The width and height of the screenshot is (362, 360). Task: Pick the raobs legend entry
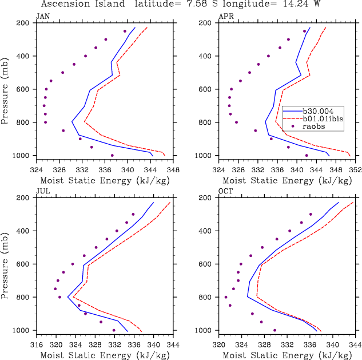coord(317,126)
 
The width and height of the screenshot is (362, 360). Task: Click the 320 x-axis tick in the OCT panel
coord(218,345)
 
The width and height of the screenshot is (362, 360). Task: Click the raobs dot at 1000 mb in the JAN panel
coord(112,155)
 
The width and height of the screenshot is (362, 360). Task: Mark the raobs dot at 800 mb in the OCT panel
coord(226,297)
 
